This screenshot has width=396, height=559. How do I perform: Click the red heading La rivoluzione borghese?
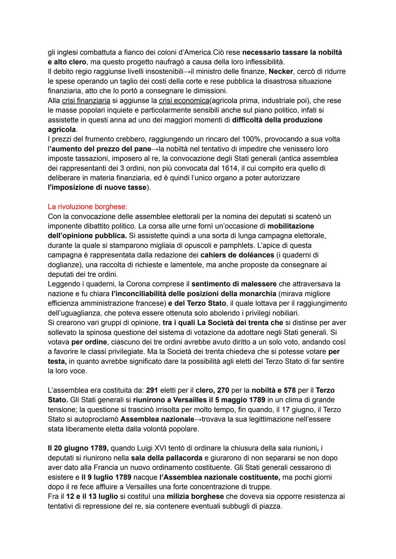pyautogui.click(x=87, y=207)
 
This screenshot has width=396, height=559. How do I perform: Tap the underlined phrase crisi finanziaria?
pyautogui.click(x=86, y=100)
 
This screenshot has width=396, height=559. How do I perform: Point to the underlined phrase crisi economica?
pyautogui.click(x=184, y=100)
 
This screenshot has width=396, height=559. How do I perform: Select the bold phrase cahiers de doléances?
pyautogui.click(x=237, y=255)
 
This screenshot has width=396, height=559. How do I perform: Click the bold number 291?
pyautogui.click(x=152, y=390)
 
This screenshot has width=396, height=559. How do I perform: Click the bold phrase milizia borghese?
pyautogui.click(x=195, y=496)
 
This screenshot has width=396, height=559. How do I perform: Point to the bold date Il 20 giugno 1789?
pyautogui.click(x=78, y=448)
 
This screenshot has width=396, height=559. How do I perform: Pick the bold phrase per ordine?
pyautogui.click(x=89, y=342)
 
